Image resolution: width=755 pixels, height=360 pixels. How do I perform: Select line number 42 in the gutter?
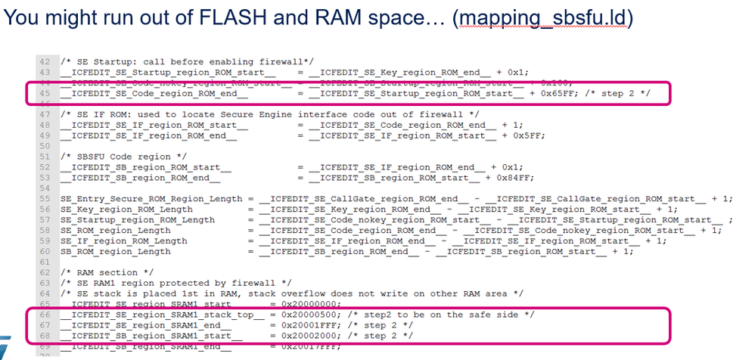coord(44,61)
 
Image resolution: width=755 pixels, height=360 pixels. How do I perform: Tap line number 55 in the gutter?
coord(44,198)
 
